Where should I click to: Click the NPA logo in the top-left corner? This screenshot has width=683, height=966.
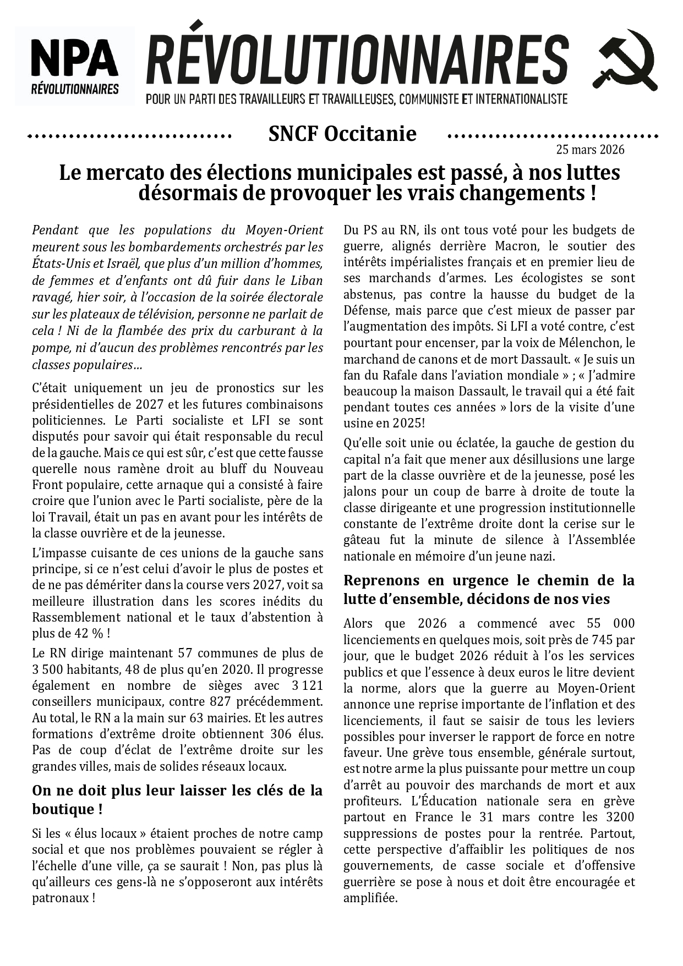pos(75,65)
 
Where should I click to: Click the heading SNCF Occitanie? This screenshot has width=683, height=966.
pos(342,134)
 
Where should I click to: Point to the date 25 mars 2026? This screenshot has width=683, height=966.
pos(590,150)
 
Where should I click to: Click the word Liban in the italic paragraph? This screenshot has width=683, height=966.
pos(304,281)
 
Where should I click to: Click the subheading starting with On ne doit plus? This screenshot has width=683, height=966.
pos(177,800)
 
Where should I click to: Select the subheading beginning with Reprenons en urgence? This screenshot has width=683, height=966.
pos(489,589)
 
